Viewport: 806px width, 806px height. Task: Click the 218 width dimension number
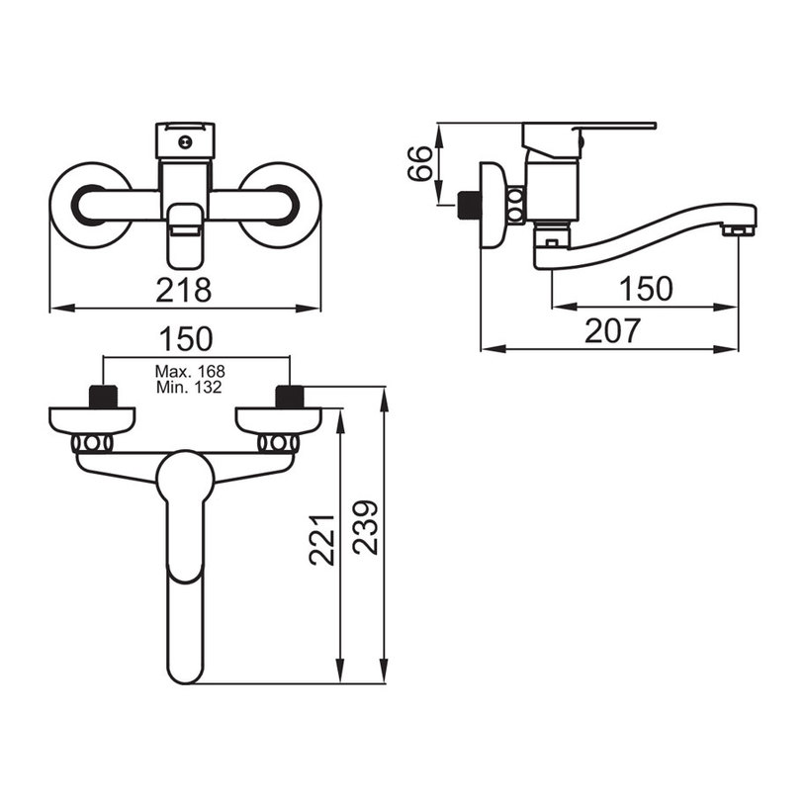184,290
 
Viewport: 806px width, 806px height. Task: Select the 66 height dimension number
420,163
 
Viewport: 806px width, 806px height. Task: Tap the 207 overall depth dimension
612,330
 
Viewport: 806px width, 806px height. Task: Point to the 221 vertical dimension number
322,540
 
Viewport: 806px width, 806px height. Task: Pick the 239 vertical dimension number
366,527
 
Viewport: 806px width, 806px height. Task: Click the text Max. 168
190,371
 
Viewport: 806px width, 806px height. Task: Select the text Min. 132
189,387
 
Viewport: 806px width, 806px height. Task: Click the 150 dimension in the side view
646,289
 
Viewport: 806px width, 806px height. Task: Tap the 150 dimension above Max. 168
186,339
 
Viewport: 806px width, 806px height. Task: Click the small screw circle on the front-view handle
185,141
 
